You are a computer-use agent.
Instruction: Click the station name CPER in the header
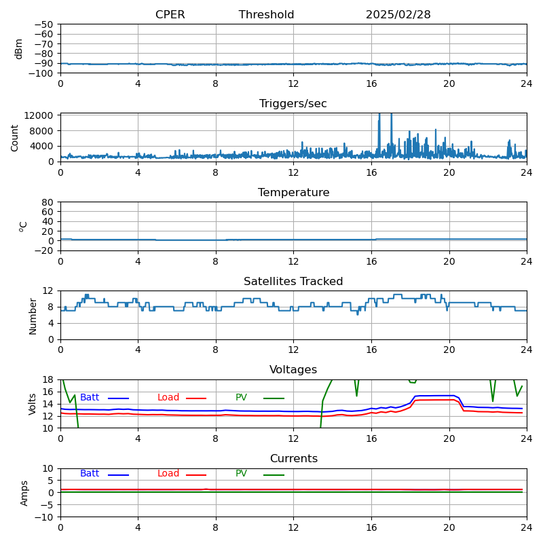point(170,15)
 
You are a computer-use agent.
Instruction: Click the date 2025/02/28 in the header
point(398,15)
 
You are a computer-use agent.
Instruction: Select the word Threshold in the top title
point(266,15)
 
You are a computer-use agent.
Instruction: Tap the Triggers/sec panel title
point(293,104)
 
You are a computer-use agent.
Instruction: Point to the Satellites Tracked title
point(293,282)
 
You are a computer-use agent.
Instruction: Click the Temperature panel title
point(293,193)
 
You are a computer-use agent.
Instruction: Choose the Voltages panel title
point(293,370)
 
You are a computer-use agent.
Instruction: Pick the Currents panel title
point(293,459)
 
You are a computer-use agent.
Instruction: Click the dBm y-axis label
point(19,48)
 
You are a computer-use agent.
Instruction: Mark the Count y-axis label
point(15,137)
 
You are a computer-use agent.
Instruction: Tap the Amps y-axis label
point(24,493)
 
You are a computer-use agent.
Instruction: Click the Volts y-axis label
point(33,404)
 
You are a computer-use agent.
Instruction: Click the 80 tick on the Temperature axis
point(48,202)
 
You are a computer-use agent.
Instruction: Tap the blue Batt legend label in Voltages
point(90,398)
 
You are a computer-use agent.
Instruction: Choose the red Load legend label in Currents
point(168,474)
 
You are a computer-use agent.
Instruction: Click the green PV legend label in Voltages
point(241,398)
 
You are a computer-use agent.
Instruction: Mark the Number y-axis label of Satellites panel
point(33,315)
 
